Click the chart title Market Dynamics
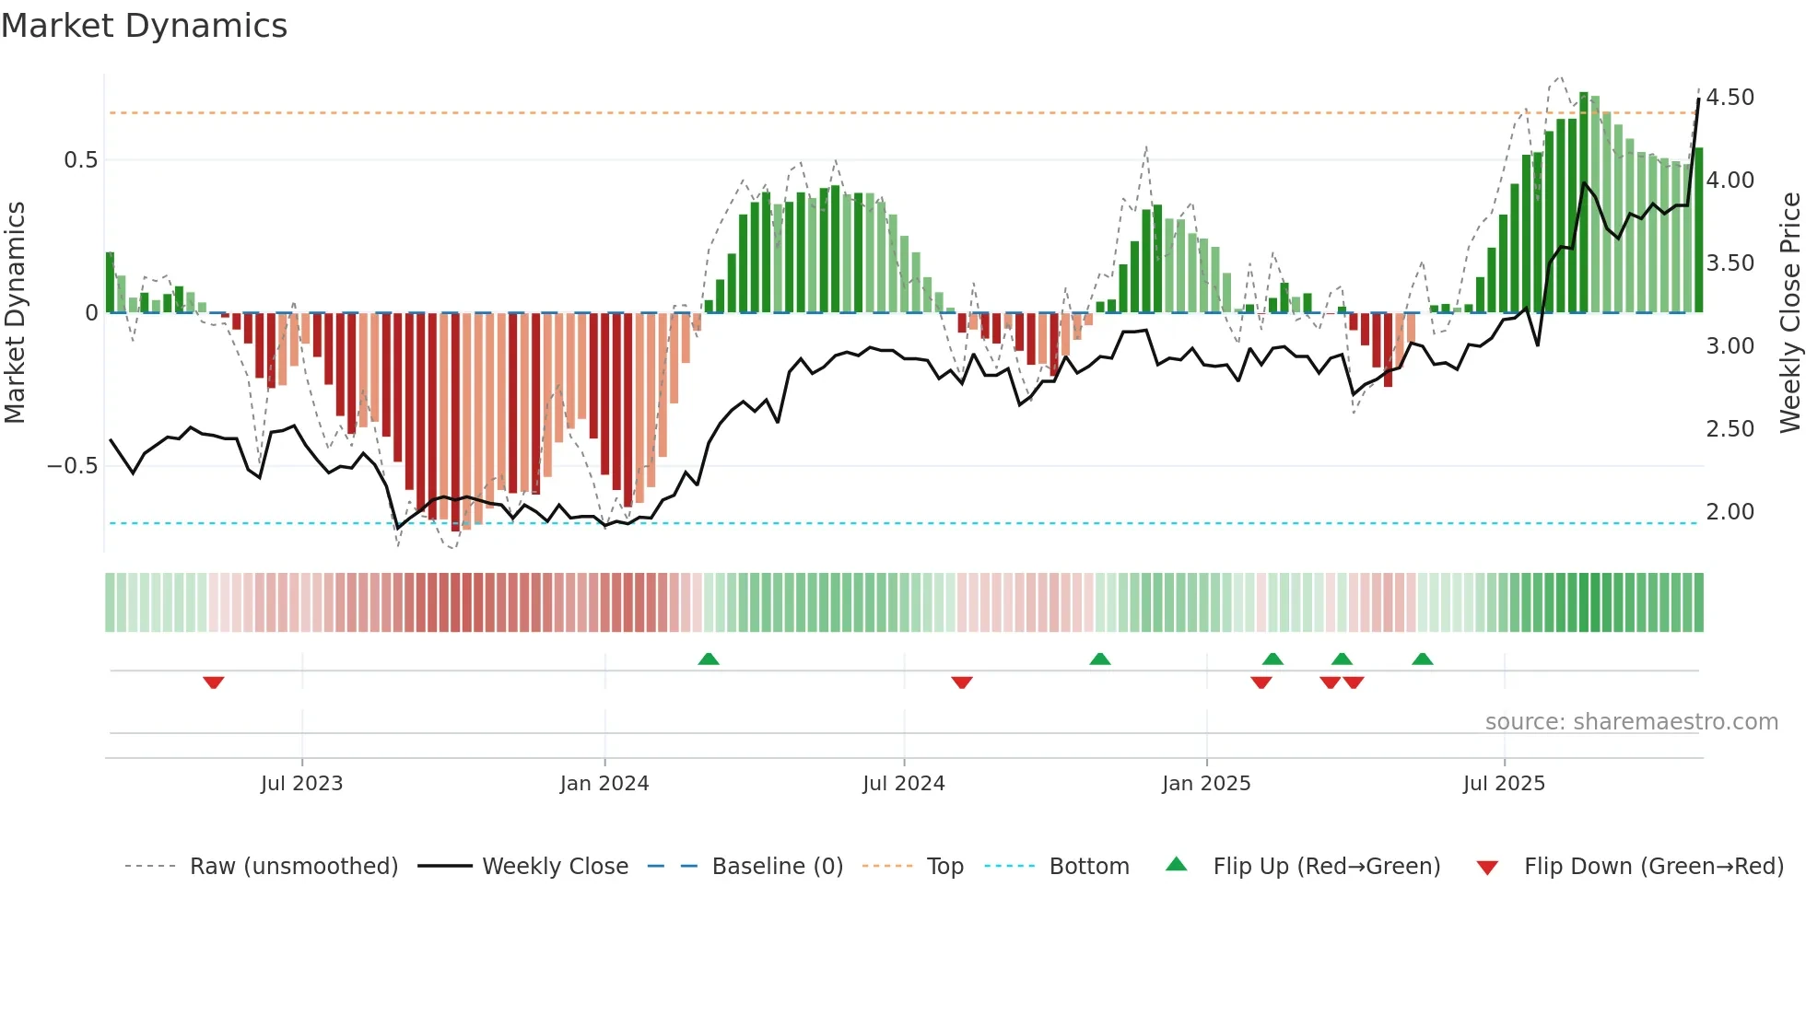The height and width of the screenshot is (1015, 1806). [x=144, y=26]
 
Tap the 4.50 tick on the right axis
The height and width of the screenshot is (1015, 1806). [x=1730, y=98]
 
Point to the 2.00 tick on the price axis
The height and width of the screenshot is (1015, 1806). [x=1730, y=512]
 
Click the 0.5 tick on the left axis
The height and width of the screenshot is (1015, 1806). [x=80, y=160]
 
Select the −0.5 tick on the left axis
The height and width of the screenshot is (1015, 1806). [x=73, y=466]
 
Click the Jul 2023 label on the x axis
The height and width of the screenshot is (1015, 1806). [x=301, y=784]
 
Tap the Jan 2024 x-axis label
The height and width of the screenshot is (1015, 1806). [x=604, y=784]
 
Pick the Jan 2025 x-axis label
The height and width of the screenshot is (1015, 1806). [x=1206, y=784]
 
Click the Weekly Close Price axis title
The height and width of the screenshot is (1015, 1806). [x=1789, y=313]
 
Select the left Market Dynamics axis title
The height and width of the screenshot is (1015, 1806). [x=15, y=313]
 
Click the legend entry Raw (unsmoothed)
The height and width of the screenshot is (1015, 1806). [x=293, y=867]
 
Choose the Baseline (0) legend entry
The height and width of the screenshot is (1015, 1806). [x=777, y=867]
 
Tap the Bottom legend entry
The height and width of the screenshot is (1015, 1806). [x=1088, y=867]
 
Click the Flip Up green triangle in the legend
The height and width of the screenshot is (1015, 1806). [x=1177, y=864]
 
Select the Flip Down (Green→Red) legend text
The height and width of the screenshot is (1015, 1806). [x=1653, y=867]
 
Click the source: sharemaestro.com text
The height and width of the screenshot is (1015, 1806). [x=1631, y=722]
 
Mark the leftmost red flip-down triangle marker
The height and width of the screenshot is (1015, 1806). [x=214, y=682]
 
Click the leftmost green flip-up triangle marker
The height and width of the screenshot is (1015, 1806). [x=709, y=659]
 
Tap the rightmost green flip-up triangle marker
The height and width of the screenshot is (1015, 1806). [x=1423, y=659]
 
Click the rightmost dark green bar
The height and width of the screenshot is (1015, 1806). [x=1698, y=230]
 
